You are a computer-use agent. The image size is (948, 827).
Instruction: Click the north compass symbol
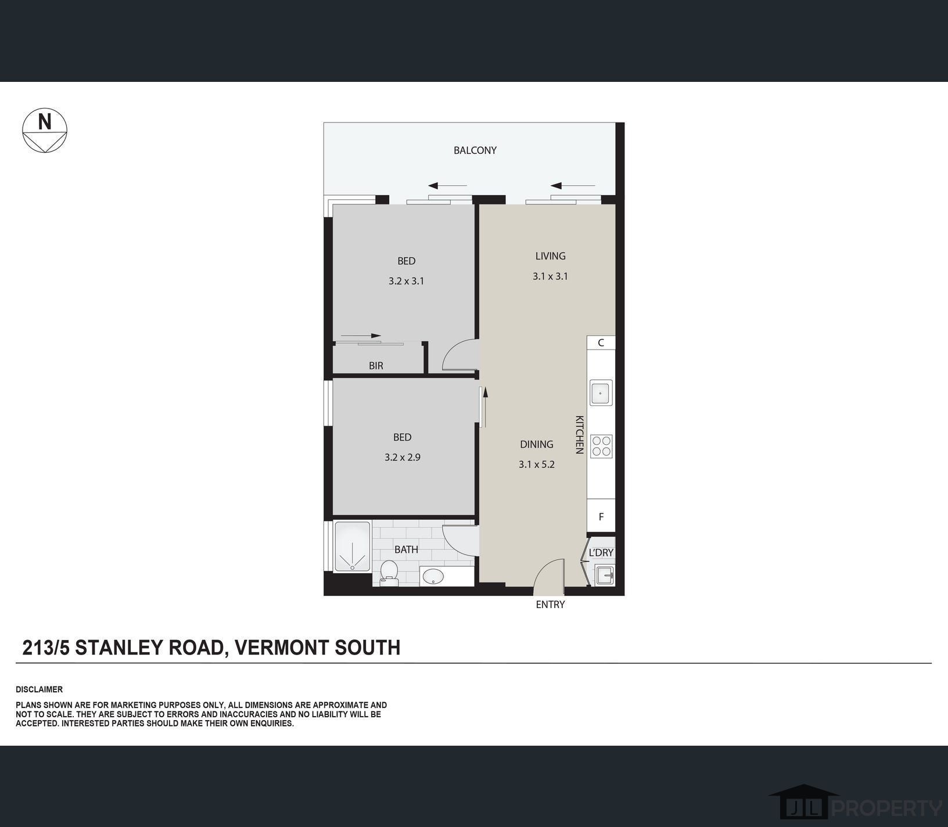point(45,131)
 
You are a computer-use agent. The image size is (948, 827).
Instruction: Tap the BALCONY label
point(475,150)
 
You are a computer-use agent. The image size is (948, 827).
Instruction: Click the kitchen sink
point(601,393)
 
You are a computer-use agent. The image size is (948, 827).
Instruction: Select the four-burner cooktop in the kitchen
point(601,446)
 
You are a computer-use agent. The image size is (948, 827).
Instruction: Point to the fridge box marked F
point(601,516)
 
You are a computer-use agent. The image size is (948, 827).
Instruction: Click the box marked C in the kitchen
point(601,343)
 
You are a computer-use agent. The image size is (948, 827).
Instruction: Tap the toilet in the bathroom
point(389,571)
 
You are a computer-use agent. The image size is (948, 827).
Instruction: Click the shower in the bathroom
point(352,546)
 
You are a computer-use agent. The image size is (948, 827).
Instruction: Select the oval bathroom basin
point(433,577)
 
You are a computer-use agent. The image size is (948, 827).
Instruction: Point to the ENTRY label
point(550,605)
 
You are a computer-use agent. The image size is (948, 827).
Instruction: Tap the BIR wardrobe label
point(376,366)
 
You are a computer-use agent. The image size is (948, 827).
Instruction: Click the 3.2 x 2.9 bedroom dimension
point(403,458)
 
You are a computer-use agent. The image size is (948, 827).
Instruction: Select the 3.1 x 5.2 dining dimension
point(537,465)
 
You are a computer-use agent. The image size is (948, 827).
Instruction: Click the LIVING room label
point(551,256)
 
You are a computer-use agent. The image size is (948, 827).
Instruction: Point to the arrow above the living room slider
point(573,186)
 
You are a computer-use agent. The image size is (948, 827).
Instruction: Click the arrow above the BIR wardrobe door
point(361,336)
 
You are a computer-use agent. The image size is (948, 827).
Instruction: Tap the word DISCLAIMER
point(39,690)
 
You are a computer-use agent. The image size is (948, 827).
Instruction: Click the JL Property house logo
point(805,803)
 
